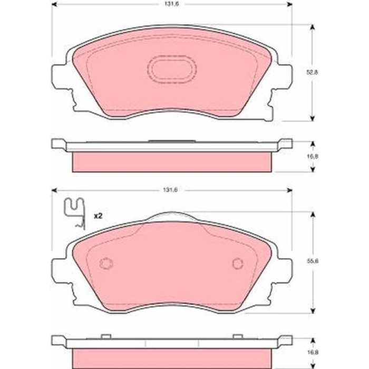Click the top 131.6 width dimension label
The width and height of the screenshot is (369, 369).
coord(171,4)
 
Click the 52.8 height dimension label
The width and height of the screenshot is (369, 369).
coord(312,73)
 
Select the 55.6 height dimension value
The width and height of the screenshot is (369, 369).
coord(313,261)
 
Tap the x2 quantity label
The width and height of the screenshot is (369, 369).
coord(98,216)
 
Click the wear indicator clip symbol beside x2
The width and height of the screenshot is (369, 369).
coord(75,212)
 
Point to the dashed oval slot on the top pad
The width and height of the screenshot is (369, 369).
coord(172,70)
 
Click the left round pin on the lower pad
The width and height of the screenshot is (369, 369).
coord(106,264)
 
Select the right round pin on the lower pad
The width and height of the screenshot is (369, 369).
coord(238,264)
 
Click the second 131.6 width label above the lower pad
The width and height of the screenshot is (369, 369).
coord(170,190)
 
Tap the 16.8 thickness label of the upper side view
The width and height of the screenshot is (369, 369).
coord(312,156)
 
